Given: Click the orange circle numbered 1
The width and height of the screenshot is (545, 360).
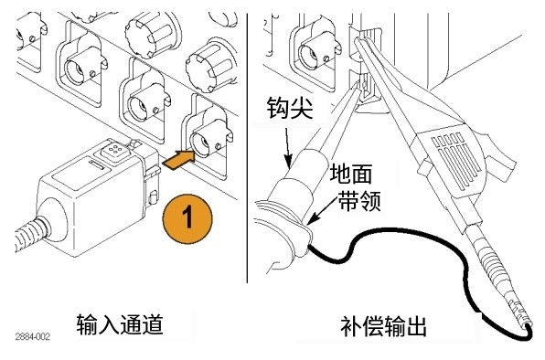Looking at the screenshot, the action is [187, 219].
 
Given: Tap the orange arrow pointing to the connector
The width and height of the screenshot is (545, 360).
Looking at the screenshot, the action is [179, 160].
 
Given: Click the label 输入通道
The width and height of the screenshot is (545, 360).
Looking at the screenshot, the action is [120, 324].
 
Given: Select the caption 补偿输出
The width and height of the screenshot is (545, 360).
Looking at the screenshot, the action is [383, 326].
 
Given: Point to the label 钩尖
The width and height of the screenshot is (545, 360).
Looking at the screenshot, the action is [290, 108].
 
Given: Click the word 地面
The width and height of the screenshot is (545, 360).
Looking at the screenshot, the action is [351, 174].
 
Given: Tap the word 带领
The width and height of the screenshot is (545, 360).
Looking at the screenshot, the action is [359, 201].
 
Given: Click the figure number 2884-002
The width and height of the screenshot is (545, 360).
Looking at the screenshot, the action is [33, 336].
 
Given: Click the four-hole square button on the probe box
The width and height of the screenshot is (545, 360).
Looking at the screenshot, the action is [112, 151].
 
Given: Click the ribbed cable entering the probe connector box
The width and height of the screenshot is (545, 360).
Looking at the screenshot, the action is [31, 234].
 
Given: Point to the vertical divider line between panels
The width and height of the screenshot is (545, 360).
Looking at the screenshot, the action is [247, 148].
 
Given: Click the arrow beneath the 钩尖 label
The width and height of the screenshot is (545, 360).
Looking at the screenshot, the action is [288, 148].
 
